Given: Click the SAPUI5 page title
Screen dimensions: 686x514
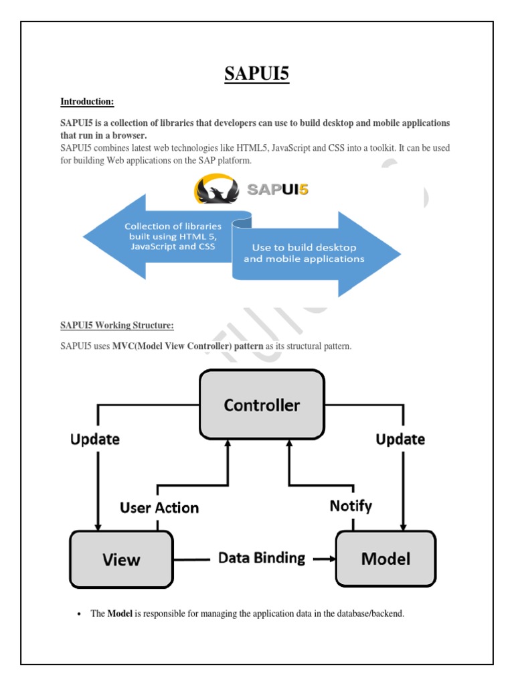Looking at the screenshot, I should click(x=256, y=73).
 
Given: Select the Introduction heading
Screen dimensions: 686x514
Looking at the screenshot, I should click(x=87, y=102).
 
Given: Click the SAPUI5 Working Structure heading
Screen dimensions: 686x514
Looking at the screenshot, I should click(x=117, y=326).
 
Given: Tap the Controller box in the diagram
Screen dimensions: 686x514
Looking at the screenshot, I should click(x=262, y=405).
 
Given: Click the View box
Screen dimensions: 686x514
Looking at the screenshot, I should click(x=121, y=559).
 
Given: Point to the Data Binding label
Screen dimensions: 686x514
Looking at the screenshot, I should click(x=262, y=557).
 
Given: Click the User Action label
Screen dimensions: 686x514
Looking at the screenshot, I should click(x=159, y=508).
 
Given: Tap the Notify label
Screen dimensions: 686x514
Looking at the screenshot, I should click(x=351, y=506).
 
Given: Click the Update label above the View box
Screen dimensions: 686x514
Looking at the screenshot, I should click(x=95, y=439).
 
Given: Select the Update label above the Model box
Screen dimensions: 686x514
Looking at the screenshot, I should click(x=400, y=439).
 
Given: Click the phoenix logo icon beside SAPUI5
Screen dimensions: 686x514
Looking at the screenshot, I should click(x=216, y=190).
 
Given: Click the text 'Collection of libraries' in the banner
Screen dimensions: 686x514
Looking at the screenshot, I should click(x=173, y=226).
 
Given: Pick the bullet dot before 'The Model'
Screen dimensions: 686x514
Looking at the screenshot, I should click(x=79, y=614).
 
